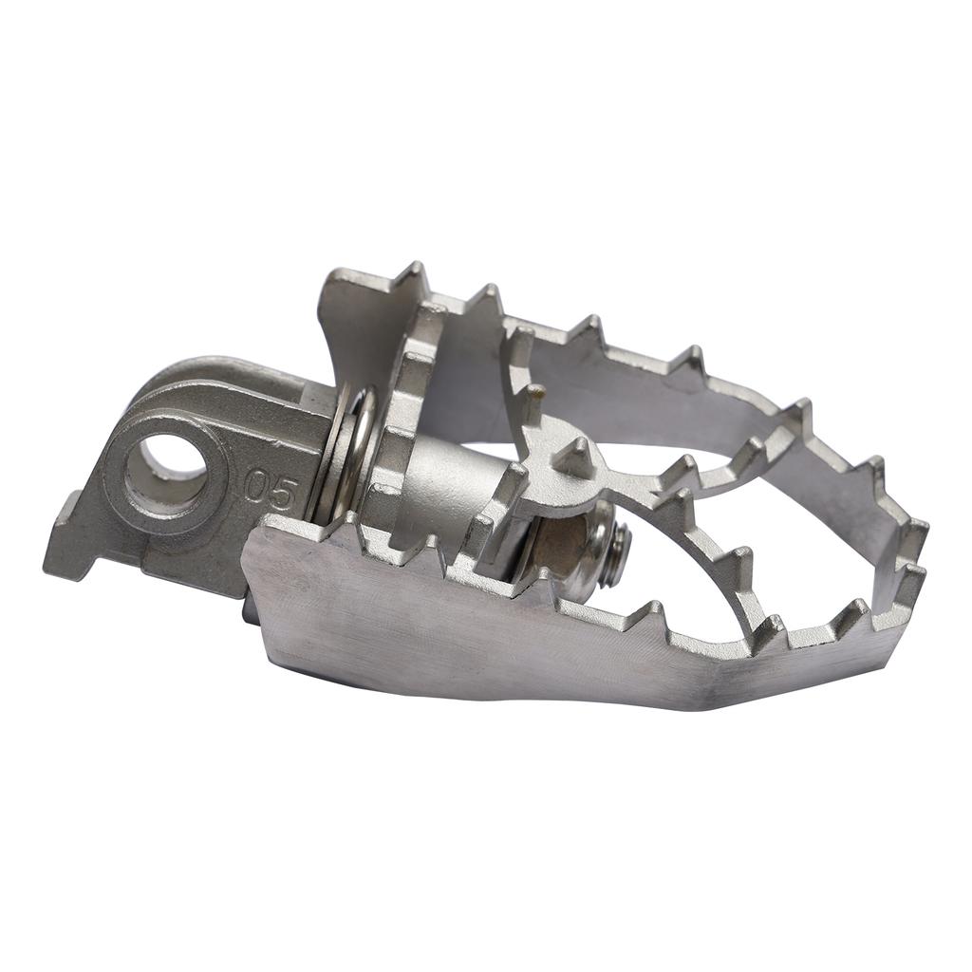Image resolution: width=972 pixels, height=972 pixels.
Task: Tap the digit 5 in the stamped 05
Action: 286,492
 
